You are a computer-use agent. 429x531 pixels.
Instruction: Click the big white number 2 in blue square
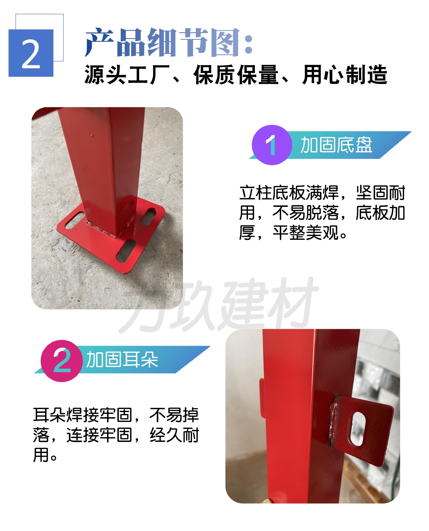[31, 53]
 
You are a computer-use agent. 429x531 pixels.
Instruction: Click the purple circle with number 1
[272, 145]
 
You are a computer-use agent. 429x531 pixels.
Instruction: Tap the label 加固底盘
[336, 145]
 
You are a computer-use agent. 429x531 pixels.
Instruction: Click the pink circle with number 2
[62, 360]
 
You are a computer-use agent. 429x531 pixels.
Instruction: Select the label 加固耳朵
[122, 360]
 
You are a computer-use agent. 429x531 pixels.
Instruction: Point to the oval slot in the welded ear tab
[358, 429]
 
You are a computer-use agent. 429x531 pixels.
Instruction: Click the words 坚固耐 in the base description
[380, 193]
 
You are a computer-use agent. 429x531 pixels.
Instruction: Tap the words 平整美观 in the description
[305, 233]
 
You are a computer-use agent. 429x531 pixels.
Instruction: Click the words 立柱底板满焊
[289, 193]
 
